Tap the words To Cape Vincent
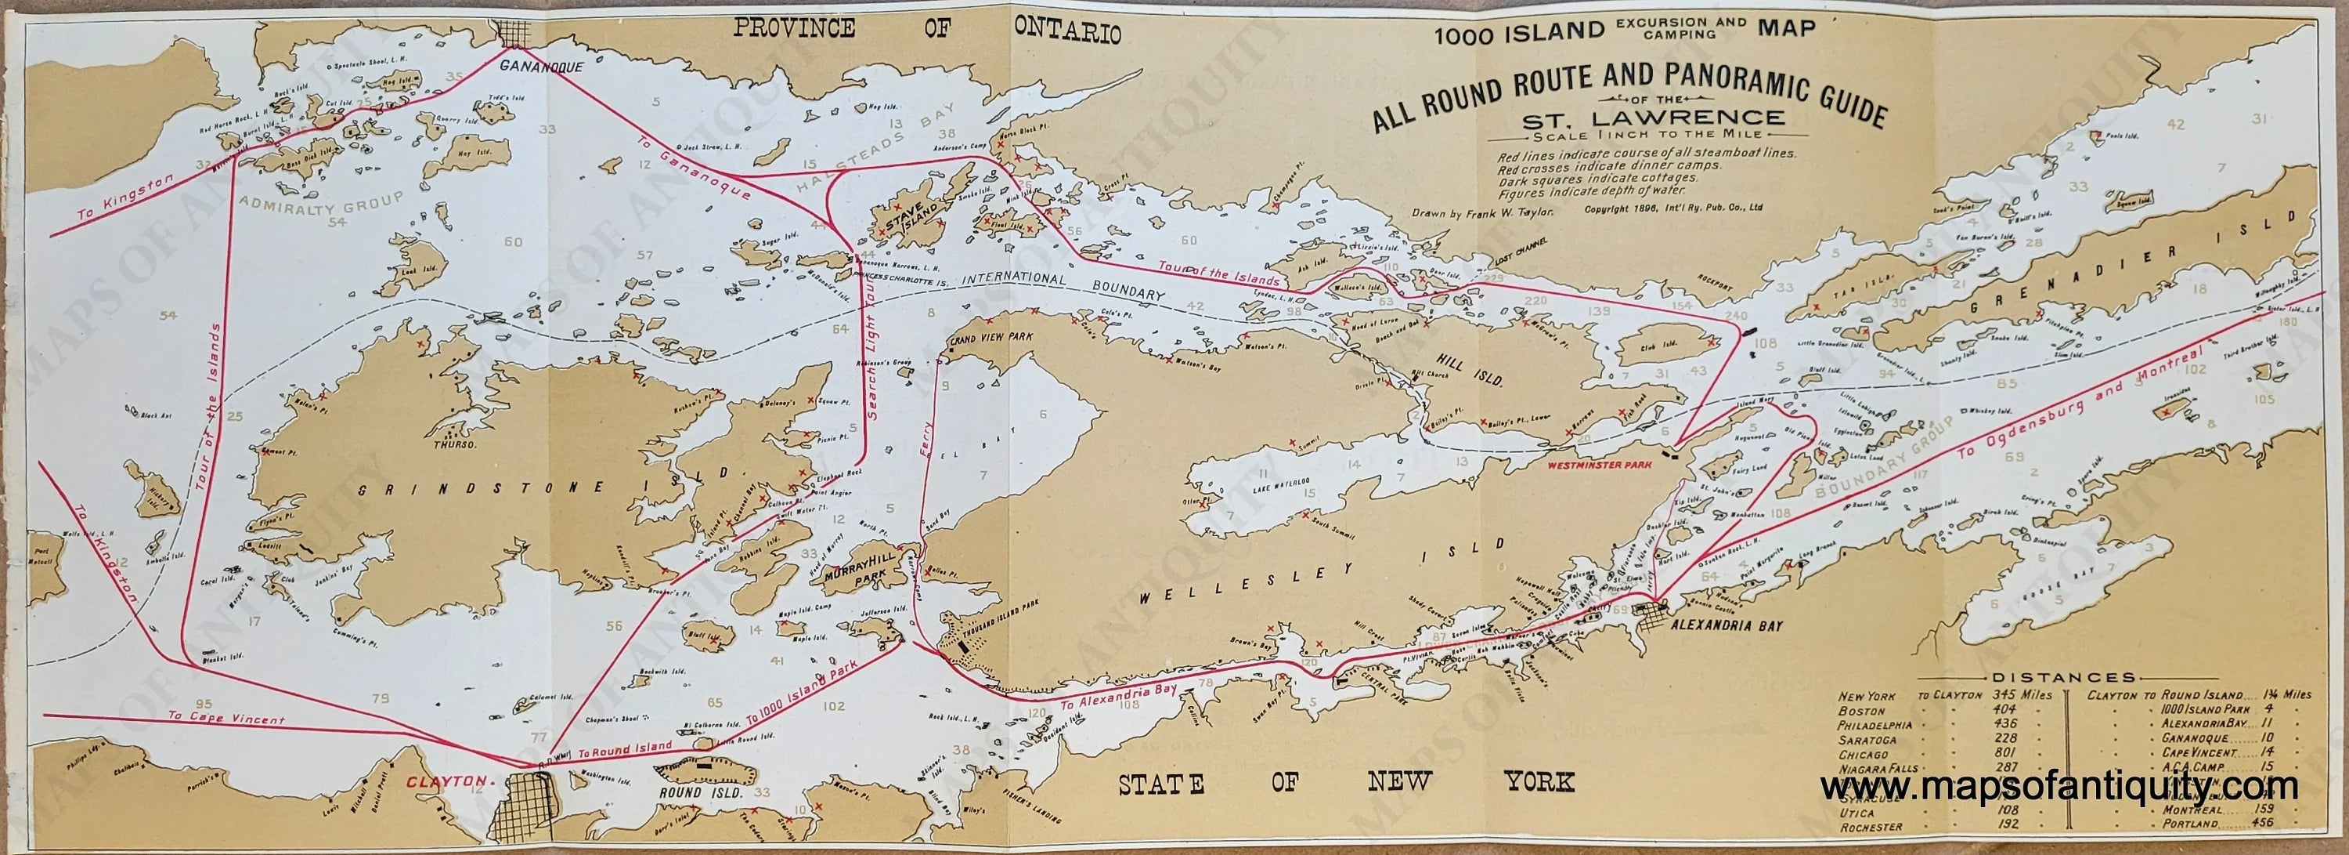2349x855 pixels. (x=226, y=718)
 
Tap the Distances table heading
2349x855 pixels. (x=2062, y=677)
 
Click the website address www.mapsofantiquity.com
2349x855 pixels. (x=2058, y=787)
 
